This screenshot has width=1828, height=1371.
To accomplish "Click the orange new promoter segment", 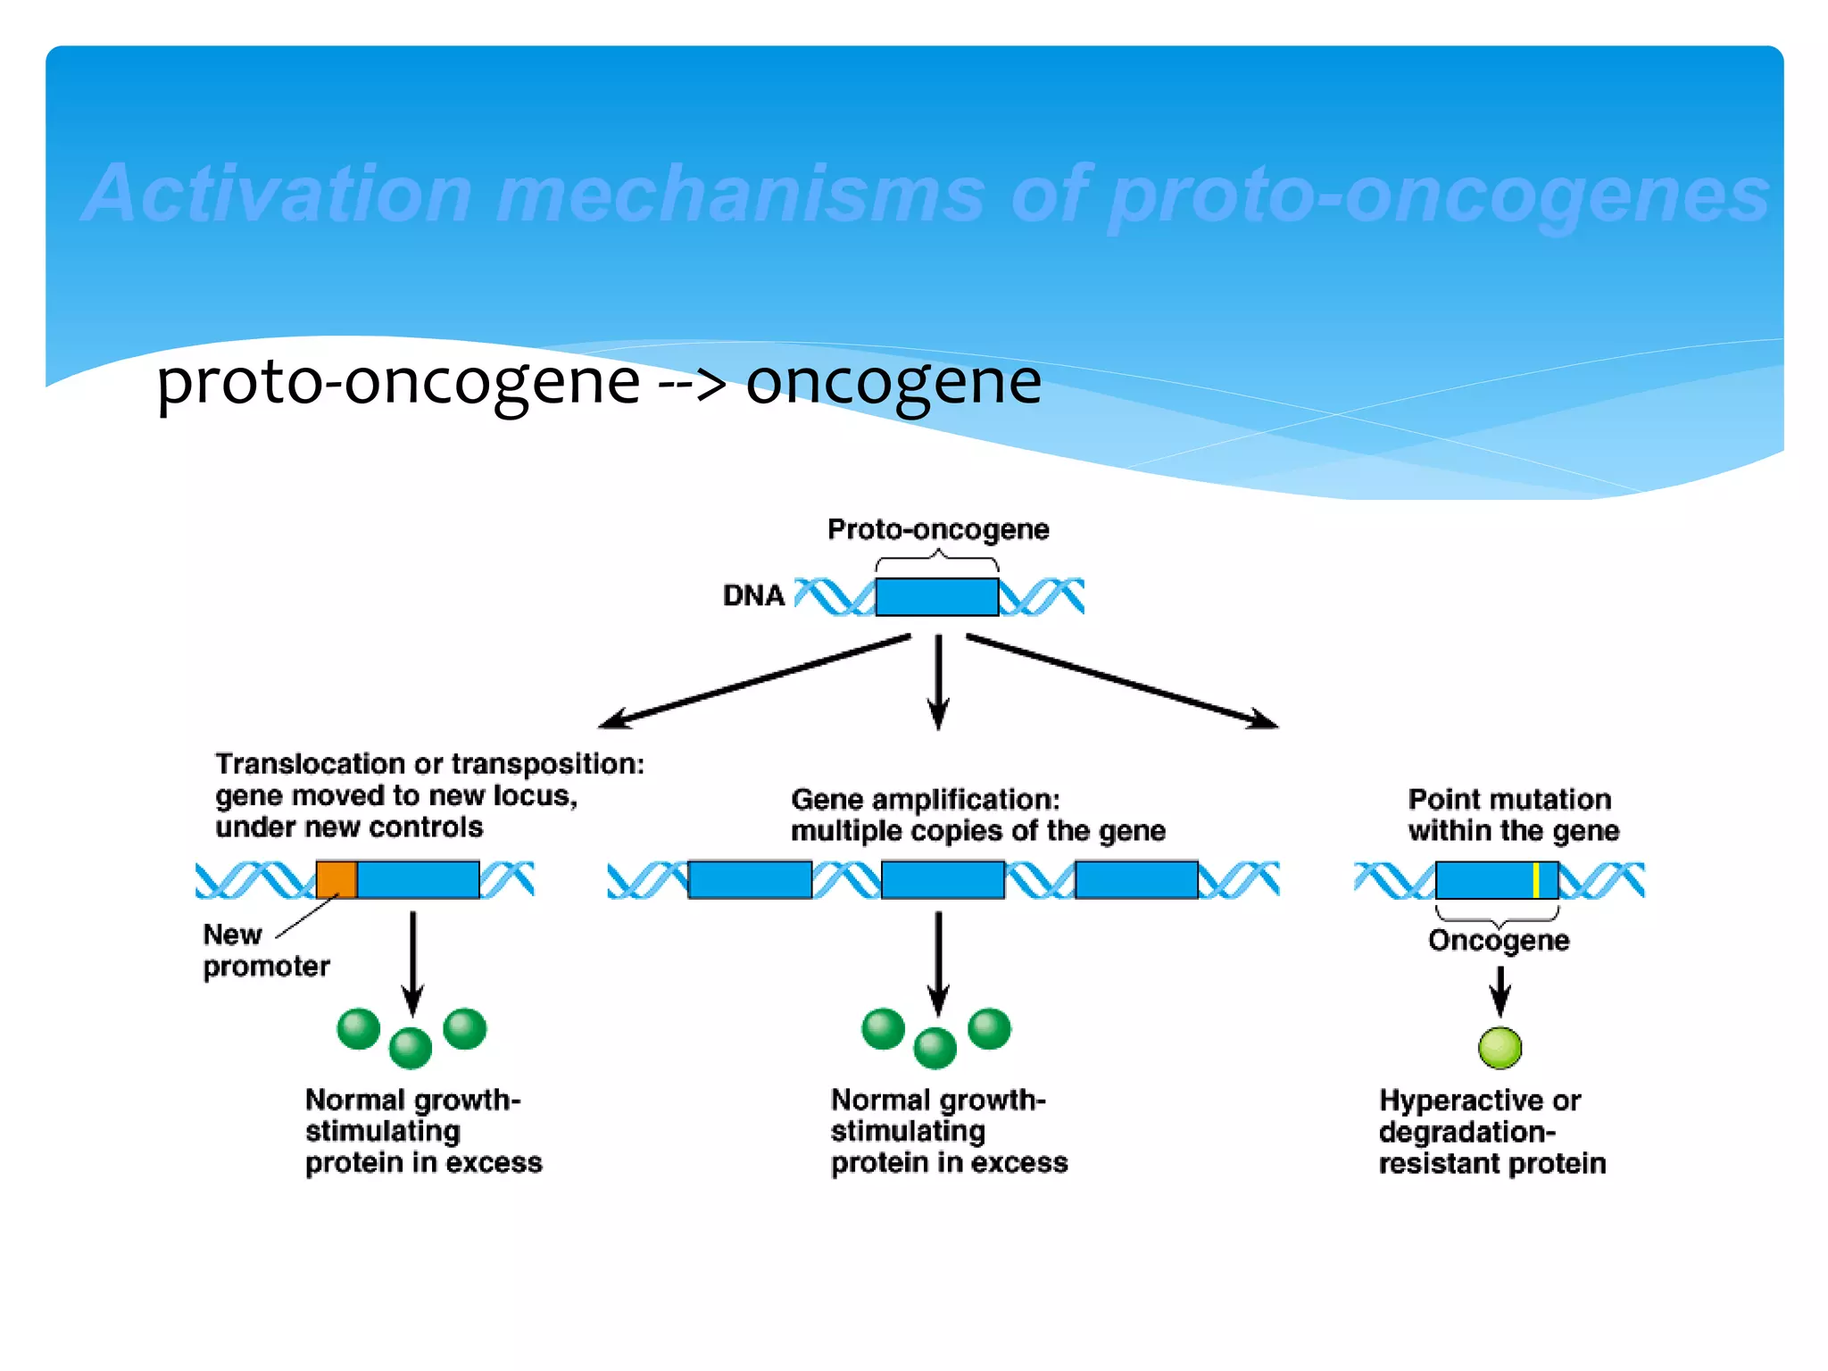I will tap(337, 879).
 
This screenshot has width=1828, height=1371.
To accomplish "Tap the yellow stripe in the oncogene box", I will tap(1535, 880).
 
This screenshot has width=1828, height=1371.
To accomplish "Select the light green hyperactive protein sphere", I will tap(1500, 1048).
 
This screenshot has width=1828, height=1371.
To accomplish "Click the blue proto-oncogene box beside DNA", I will tap(936, 596).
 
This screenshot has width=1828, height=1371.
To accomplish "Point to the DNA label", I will tap(753, 595).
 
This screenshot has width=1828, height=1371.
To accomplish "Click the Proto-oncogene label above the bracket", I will tap(938, 529).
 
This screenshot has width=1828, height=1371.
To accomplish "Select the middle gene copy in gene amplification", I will tap(943, 879).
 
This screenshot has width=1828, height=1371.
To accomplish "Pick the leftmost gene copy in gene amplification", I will tap(750, 879).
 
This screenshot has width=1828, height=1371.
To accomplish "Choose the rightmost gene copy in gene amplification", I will tap(1136, 879).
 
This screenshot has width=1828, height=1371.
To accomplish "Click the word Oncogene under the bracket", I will tap(1499, 941).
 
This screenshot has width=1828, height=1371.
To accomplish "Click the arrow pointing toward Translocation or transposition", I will tap(755, 682).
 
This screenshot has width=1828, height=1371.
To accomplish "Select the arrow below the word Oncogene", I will tap(1500, 990).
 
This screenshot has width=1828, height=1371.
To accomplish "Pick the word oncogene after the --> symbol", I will tap(893, 382).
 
